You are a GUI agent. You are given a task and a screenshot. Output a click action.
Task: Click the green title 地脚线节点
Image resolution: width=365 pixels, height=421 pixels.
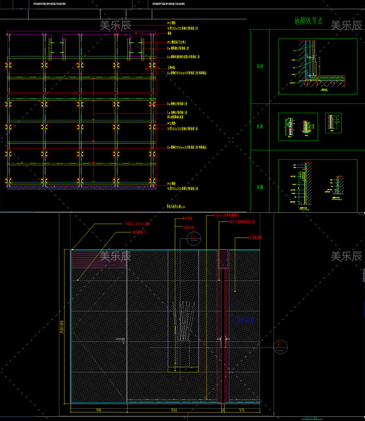[308, 21]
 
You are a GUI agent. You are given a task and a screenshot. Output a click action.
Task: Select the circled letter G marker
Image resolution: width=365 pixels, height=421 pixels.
[195, 238]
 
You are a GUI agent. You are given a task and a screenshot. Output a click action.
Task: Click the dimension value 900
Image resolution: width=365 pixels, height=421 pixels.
[98, 409]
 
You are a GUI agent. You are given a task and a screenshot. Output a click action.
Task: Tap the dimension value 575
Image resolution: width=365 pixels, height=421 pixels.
[242, 409]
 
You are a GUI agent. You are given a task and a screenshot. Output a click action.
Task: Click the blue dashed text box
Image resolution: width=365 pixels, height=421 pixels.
[244, 320]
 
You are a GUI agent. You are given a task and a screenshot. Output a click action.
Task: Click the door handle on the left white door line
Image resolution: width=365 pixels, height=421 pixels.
[121, 340]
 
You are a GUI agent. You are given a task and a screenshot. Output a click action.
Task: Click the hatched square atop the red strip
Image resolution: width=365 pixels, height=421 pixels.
[224, 259]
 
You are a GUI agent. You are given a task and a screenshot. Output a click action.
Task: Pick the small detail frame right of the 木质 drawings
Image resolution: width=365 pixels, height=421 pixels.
[333, 123]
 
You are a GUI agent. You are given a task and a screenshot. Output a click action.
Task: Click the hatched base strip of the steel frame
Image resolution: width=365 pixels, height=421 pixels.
[81, 186]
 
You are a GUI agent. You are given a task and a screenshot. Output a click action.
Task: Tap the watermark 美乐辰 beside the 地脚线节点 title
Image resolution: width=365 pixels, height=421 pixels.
[346, 25]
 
